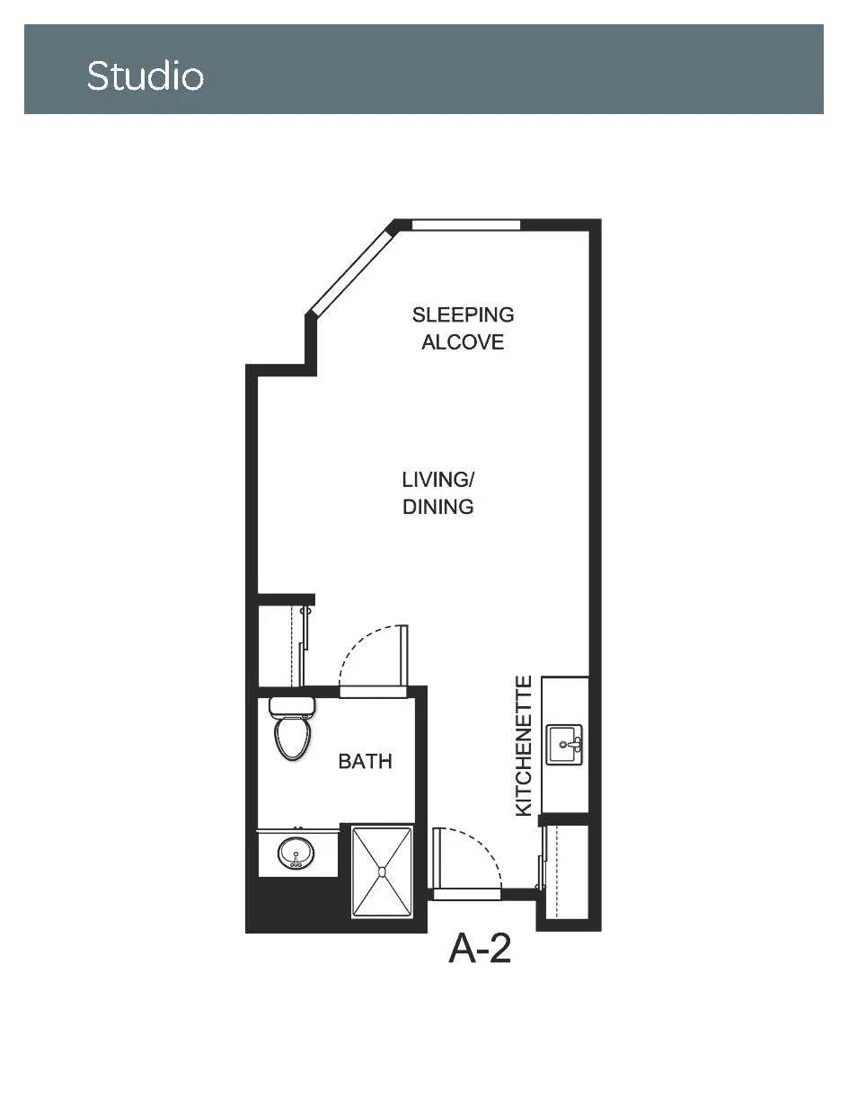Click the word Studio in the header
[145, 76]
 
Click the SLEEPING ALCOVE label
[463, 329]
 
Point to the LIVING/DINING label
[437, 493]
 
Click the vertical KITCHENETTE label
[524, 746]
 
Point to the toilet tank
[292, 706]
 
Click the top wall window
[466, 225]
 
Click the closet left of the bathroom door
[283, 646]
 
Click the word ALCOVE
[463, 342]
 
